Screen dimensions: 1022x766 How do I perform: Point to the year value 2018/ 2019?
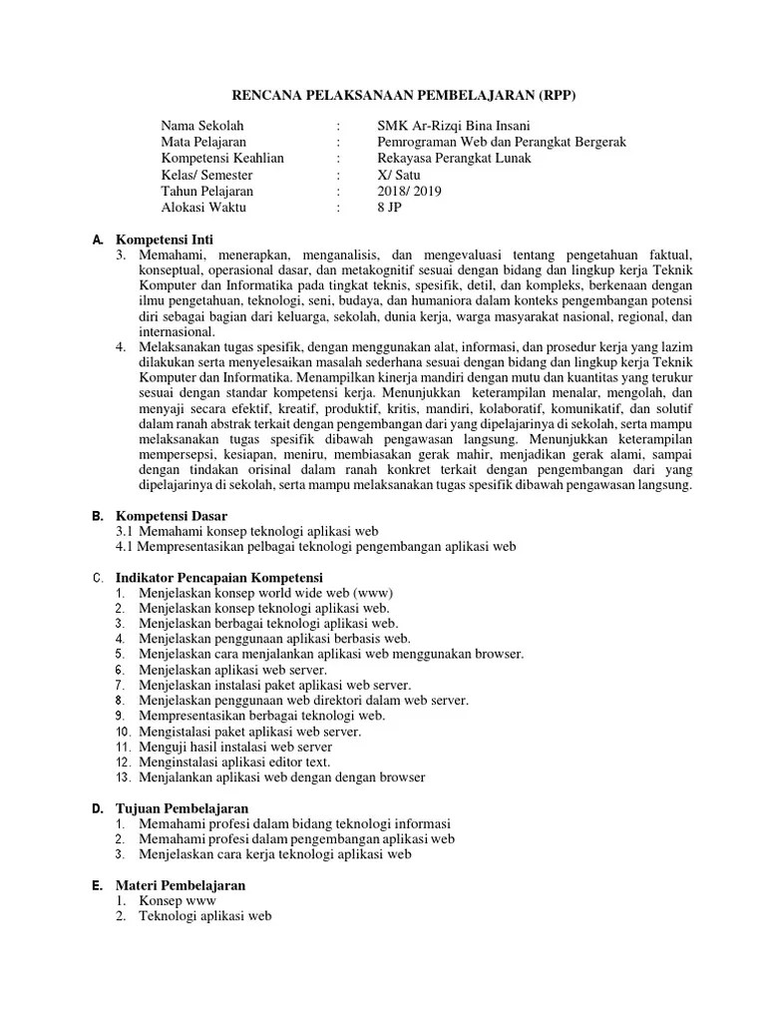click(x=410, y=191)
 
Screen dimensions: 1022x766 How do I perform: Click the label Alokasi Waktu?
click(x=203, y=207)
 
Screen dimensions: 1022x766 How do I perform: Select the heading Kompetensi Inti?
click(x=165, y=241)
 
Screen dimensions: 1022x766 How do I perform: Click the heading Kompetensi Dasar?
click(x=172, y=516)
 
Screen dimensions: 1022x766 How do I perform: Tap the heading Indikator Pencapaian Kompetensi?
click(x=219, y=578)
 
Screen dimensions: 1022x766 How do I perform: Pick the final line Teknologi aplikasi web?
click(x=205, y=915)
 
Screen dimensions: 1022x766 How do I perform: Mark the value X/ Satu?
click(x=400, y=174)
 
